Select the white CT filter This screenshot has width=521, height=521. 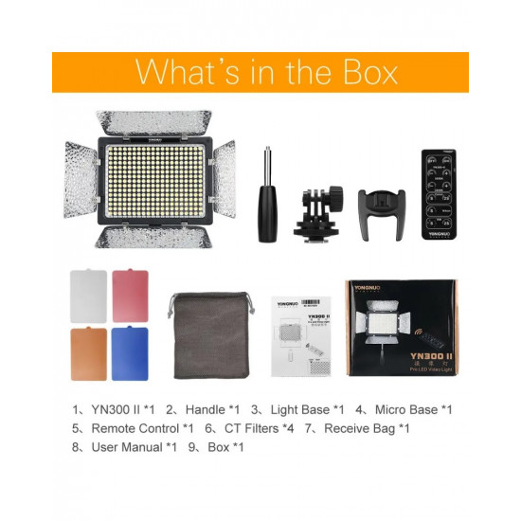(x=89, y=296)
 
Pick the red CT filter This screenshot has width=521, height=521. (x=131, y=296)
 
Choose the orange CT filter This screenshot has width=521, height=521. (x=89, y=351)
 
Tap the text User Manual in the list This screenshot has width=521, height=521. (x=128, y=446)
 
